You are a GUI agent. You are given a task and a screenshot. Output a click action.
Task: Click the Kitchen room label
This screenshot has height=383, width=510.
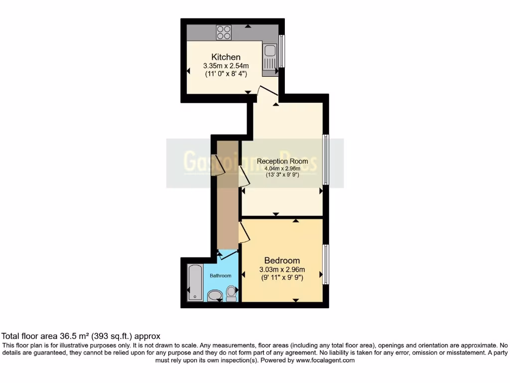pyautogui.click(x=226, y=57)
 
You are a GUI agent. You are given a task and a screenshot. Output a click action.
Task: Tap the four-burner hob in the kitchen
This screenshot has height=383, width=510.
pyautogui.click(x=224, y=33)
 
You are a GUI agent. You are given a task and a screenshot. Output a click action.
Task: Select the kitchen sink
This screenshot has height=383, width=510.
pyautogui.click(x=270, y=51)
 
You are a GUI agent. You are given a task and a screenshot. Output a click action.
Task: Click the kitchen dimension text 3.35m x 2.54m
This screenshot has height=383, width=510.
pyautogui.click(x=226, y=65)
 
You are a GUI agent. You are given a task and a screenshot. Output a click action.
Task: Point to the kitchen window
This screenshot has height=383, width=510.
pyautogui.click(x=281, y=50)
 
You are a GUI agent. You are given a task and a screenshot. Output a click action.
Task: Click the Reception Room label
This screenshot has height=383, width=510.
pyautogui.click(x=282, y=161)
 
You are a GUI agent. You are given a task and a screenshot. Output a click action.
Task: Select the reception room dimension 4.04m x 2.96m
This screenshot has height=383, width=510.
pyautogui.click(x=282, y=168)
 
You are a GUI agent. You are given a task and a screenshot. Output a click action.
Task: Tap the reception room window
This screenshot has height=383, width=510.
pyautogui.click(x=326, y=160)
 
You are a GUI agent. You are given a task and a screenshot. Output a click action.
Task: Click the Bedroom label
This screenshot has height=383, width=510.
pyautogui.click(x=282, y=260)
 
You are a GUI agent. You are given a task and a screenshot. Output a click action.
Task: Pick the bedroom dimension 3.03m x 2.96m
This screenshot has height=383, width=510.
pyautogui.click(x=282, y=270)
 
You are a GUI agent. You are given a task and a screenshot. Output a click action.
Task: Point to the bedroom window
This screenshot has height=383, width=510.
pyautogui.click(x=326, y=263)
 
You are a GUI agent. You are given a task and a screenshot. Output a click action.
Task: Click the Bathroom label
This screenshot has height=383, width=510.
pyautogui.click(x=220, y=276)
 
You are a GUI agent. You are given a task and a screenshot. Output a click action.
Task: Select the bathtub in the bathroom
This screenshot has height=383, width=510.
pyautogui.click(x=195, y=283)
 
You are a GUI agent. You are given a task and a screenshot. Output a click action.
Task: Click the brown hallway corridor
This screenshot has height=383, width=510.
pyautogui.click(x=228, y=209)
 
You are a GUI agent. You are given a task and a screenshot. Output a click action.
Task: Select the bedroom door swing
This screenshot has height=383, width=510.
pyautogui.click(x=244, y=233)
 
